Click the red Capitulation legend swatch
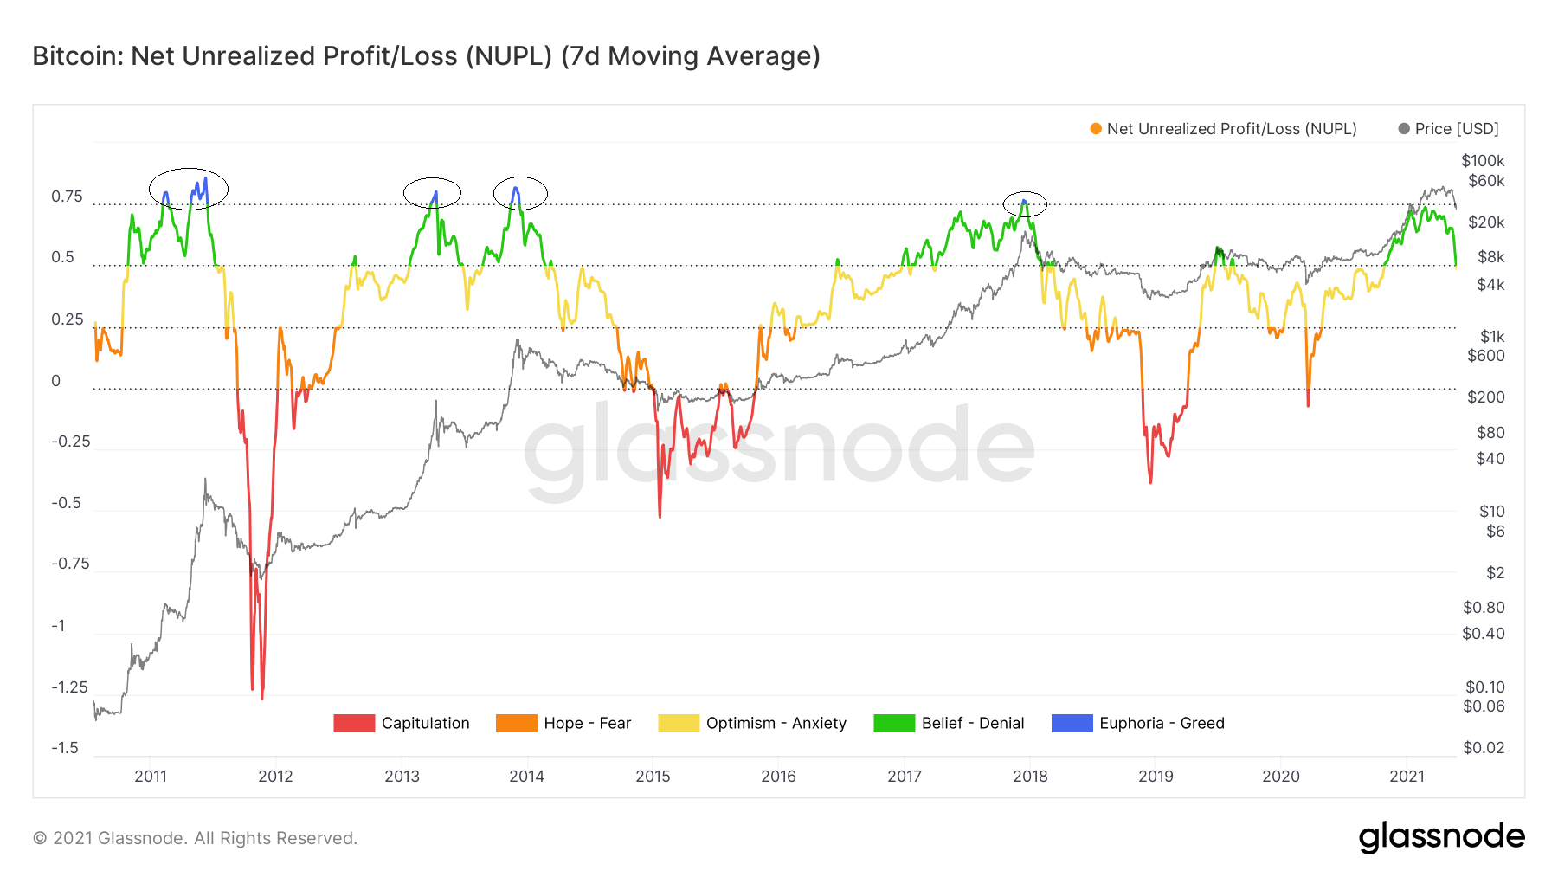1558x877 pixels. (x=354, y=724)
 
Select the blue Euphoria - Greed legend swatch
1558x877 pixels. (x=1072, y=724)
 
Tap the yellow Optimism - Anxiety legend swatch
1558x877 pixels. (x=679, y=724)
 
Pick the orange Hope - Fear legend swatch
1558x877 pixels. (x=517, y=724)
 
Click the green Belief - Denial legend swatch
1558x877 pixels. (x=894, y=724)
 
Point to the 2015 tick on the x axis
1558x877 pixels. (x=653, y=777)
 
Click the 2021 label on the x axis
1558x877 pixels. (x=1407, y=777)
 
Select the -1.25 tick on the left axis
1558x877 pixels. (x=69, y=687)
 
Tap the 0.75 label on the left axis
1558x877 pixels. (x=68, y=197)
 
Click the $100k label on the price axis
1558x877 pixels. (x=1483, y=161)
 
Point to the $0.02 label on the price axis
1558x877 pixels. (x=1484, y=748)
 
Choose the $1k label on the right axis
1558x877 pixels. (x=1492, y=337)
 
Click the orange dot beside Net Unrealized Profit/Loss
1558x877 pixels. (x=1096, y=129)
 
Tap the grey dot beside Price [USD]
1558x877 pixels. (x=1404, y=129)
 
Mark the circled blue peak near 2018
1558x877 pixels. (x=1025, y=203)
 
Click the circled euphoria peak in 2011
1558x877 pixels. (x=189, y=189)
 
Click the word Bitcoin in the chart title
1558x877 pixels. (x=78, y=56)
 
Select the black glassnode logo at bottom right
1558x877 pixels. (x=1441, y=837)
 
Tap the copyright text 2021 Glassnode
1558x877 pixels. (x=195, y=838)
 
